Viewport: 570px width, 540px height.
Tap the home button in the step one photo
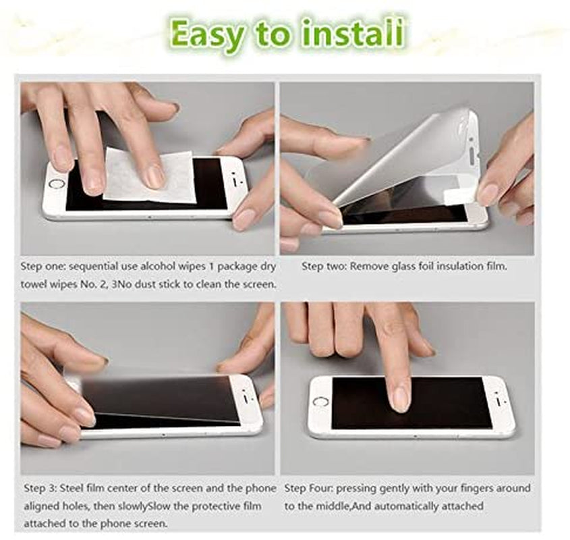57,184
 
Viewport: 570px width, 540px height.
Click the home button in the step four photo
320,402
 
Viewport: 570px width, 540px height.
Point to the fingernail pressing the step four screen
400,399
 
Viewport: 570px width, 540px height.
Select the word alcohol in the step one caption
173,267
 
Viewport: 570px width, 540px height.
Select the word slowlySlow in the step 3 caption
144,506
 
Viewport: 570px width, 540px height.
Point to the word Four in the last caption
320,488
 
